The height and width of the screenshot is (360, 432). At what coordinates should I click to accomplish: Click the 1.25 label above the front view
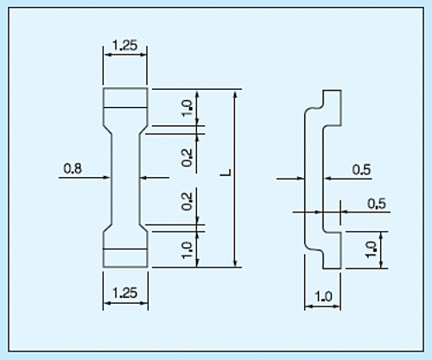click(x=125, y=46)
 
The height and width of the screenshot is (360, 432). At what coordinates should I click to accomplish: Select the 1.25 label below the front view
click(x=125, y=293)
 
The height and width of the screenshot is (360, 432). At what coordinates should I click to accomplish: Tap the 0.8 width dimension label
click(x=73, y=168)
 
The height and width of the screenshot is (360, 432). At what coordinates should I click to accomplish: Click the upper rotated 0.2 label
click(x=187, y=158)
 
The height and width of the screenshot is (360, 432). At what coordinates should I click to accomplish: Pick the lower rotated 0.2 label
click(x=187, y=201)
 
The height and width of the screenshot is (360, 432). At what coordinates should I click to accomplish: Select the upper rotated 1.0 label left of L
click(x=187, y=108)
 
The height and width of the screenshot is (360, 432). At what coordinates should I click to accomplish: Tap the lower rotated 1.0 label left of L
click(x=187, y=250)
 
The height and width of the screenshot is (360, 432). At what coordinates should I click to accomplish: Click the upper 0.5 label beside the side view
click(x=361, y=170)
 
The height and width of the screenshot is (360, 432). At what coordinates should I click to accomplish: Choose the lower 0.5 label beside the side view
click(x=377, y=204)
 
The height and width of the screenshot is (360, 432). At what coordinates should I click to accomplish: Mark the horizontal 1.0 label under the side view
click(x=324, y=296)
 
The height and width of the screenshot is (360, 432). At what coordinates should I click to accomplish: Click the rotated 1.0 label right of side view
click(x=371, y=249)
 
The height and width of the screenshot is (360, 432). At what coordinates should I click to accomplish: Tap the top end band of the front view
click(x=125, y=98)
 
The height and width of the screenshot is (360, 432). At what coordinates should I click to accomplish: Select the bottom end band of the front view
click(x=125, y=258)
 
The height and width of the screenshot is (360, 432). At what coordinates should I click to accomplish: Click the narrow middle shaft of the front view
click(x=125, y=178)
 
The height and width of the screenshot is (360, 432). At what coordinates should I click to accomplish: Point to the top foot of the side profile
click(x=332, y=108)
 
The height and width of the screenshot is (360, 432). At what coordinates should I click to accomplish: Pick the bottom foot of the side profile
click(x=332, y=250)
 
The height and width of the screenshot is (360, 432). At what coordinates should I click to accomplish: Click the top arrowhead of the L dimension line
click(x=236, y=94)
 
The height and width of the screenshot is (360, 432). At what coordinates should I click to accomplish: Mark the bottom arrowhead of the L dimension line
click(x=236, y=262)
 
